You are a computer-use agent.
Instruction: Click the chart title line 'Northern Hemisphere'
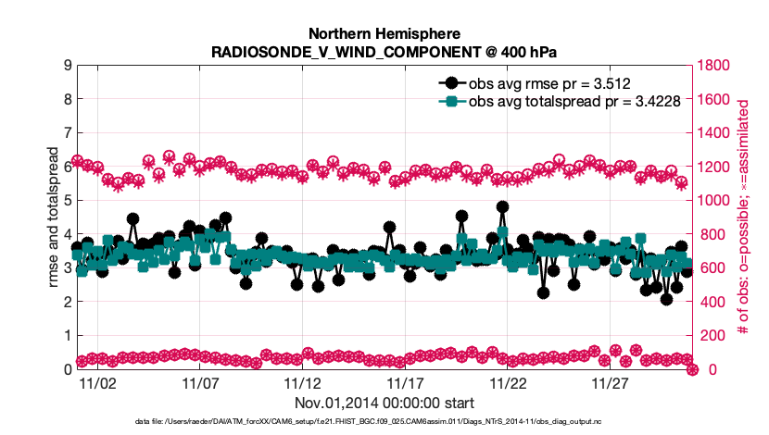(x=384, y=32)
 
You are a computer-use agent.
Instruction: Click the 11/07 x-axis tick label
(x=199, y=383)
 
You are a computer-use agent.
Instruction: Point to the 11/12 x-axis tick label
(x=302, y=383)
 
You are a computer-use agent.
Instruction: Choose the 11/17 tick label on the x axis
(x=405, y=383)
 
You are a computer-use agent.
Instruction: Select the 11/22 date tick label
(x=508, y=383)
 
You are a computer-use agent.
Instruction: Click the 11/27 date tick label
(x=610, y=383)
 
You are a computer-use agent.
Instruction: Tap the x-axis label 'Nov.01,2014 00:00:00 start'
(x=384, y=403)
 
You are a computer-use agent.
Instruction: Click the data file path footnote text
(x=384, y=422)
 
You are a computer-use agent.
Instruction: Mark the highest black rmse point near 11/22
(x=502, y=207)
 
